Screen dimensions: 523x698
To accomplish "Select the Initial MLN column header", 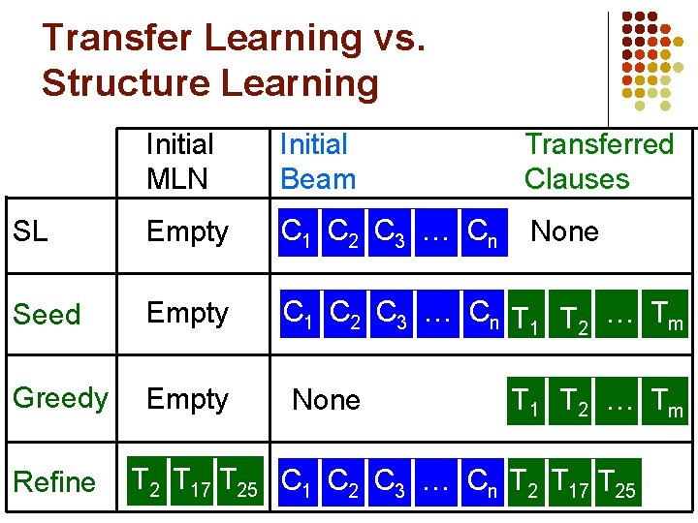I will point(180,162).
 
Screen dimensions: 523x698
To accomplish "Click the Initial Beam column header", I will point(317,162).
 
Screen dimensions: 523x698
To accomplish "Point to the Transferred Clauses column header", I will point(598,162).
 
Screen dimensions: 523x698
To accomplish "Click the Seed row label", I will point(47,314).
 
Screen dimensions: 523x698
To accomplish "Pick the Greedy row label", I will point(60,398).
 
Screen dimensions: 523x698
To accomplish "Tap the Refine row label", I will point(54,481).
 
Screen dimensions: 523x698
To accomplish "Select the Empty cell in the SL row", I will point(187,232).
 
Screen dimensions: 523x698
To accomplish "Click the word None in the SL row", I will point(564,231).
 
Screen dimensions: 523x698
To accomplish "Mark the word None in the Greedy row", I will point(326,400).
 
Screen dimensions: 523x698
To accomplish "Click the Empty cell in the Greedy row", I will point(187,399).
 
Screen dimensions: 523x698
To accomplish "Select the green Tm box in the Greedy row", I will point(667,400).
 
